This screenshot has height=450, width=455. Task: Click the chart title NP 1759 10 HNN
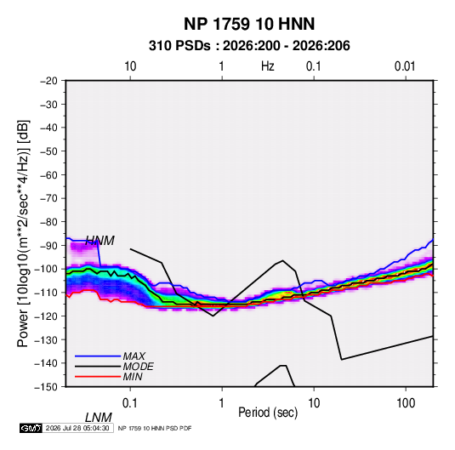click(x=249, y=24)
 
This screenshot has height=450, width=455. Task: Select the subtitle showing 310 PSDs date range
click(x=249, y=46)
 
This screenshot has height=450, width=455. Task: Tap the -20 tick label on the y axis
click(x=48, y=81)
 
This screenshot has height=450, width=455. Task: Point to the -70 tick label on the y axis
click(x=48, y=198)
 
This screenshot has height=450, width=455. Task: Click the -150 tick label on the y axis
click(x=47, y=387)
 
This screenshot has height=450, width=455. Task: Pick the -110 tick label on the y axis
click(x=47, y=293)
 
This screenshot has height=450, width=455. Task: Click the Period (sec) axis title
click(x=268, y=413)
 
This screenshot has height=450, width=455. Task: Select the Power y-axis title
click(x=23, y=234)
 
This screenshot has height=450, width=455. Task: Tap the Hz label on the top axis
click(x=268, y=66)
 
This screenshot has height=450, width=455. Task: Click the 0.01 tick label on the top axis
click(x=405, y=66)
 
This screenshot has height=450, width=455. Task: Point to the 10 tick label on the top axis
click(x=130, y=66)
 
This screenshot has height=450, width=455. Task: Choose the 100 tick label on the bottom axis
click(x=406, y=403)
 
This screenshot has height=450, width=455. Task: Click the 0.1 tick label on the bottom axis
click(x=130, y=403)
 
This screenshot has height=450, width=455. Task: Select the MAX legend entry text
click(x=134, y=356)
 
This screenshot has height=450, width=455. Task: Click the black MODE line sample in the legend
click(x=98, y=367)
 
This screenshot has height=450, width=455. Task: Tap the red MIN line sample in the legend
click(x=98, y=377)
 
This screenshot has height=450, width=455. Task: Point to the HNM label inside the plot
click(x=100, y=241)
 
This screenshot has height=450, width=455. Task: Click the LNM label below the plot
click(x=99, y=418)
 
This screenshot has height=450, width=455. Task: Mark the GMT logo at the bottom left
click(x=31, y=428)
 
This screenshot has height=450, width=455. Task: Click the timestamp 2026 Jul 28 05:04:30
click(x=77, y=428)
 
